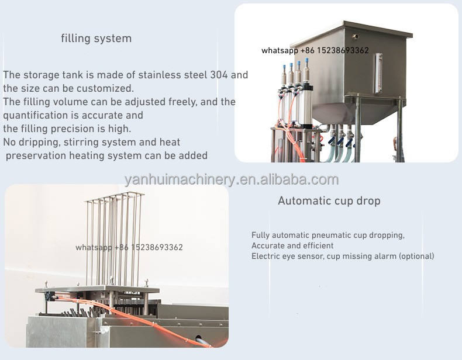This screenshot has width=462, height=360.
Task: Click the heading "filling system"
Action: click(x=96, y=39)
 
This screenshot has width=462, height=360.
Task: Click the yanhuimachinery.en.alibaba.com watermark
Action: click(x=232, y=179)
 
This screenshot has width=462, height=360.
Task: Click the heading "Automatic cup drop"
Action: click(x=329, y=201)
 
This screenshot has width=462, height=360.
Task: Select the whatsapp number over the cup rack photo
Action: click(x=129, y=247)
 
